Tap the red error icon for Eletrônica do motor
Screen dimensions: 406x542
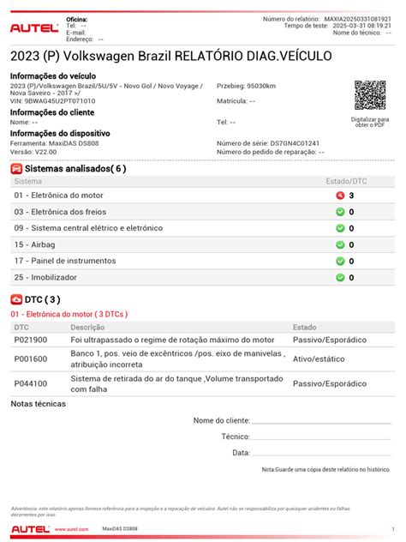pyautogui.click(x=340, y=196)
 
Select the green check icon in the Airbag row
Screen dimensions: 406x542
pyautogui.click(x=340, y=244)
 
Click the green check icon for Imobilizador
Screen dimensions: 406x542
pyautogui.click(x=340, y=277)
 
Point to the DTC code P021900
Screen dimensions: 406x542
pyautogui.click(x=31, y=340)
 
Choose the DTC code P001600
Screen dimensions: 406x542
pyautogui.click(x=31, y=359)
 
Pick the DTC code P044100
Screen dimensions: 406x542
pyautogui.click(x=31, y=383)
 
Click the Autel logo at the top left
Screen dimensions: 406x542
pyautogui.click(x=33, y=27)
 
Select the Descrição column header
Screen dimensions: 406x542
pyautogui.click(x=87, y=327)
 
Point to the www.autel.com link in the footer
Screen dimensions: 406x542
pyautogui.click(x=72, y=530)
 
